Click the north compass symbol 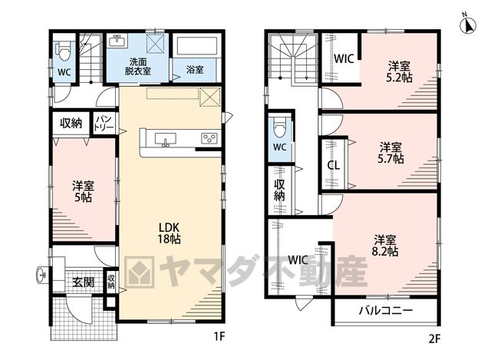point(468,24)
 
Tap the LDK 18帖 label point(169,233)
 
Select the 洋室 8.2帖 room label point(385,246)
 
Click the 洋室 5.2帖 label point(399,71)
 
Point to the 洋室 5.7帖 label point(390,153)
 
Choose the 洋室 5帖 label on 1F point(83,191)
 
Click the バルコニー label point(386,311)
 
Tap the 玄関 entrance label point(84,282)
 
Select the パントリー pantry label point(104,124)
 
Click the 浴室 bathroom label point(195,70)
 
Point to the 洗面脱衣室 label point(138,67)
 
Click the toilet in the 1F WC point(63,51)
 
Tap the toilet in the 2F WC point(279,127)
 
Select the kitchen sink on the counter point(165,140)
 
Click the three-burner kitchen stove point(209,138)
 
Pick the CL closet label point(334,165)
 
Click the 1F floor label point(219,337)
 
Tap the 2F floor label point(434,339)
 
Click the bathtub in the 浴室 point(197,46)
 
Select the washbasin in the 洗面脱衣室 point(117,41)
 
